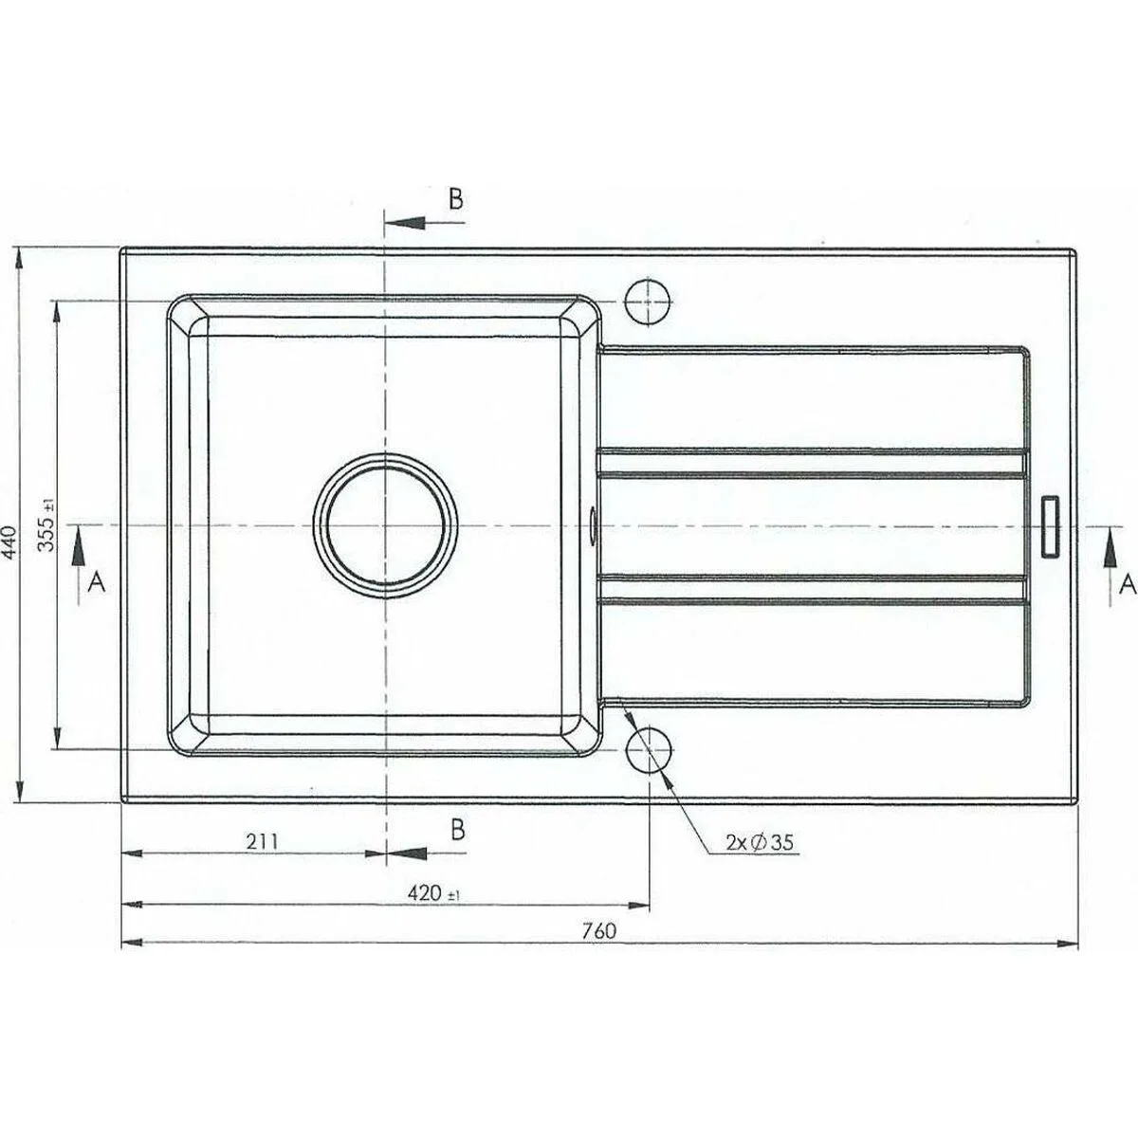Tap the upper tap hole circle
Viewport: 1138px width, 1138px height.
tap(649, 302)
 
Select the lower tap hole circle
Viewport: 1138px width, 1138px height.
tap(649, 748)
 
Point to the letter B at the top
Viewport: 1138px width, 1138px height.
tap(455, 199)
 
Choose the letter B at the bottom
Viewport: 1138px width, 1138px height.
tap(457, 829)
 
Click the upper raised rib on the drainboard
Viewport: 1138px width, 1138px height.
tap(811, 460)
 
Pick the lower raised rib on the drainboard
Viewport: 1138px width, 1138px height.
tap(811, 588)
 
